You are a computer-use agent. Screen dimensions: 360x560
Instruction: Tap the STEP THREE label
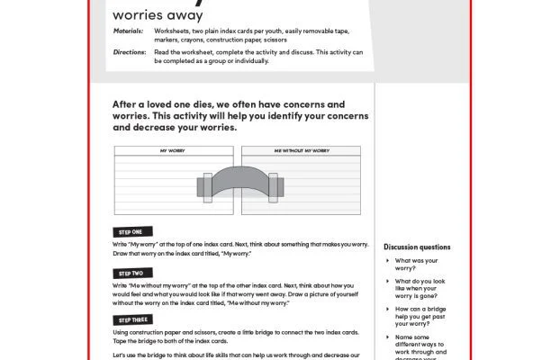133,319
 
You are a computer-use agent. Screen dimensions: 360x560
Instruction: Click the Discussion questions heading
417,247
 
